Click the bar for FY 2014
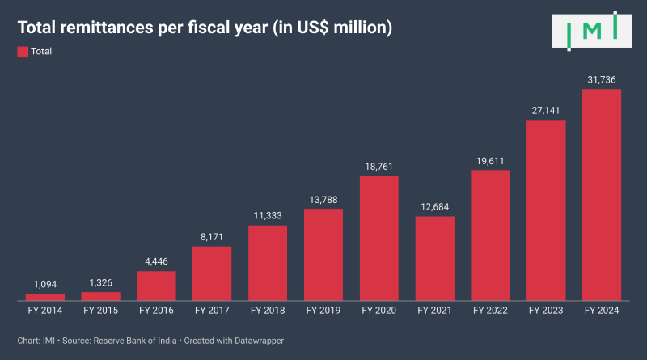coord(45,297)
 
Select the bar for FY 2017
coord(212,273)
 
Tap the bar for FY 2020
coord(379,238)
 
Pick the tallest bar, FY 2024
coord(602,194)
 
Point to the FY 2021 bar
coord(435,258)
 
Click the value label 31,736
coord(602,79)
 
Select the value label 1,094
coord(45,284)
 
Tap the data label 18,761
coord(379,166)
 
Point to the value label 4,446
coord(156,261)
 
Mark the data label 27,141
coord(546,110)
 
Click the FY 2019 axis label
coord(323,310)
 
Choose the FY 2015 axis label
coord(101,310)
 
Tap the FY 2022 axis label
coord(490,310)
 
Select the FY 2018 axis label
coord(268,310)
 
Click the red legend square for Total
coord(22,51)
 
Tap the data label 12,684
coord(435,206)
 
